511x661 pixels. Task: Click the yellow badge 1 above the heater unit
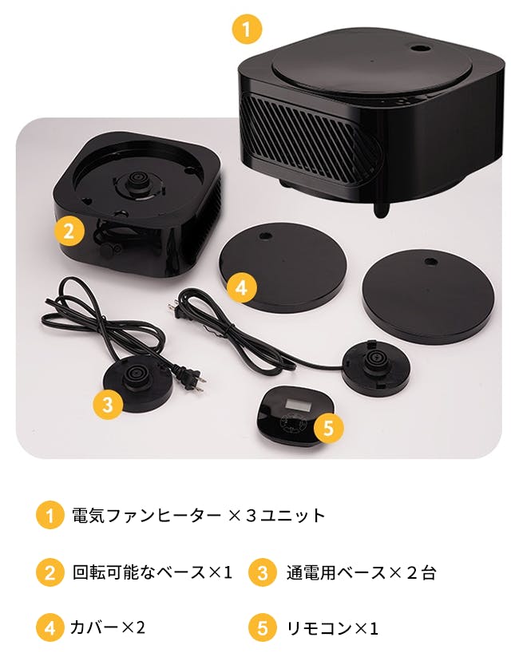[247, 28]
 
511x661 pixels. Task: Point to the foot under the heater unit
[381, 209]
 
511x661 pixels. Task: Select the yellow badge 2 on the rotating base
[69, 231]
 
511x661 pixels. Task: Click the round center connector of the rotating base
[137, 184]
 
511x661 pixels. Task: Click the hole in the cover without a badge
[430, 262]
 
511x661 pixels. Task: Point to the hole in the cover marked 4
[265, 236]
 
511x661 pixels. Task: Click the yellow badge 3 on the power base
[108, 404]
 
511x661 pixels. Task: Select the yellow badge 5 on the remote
[328, 427]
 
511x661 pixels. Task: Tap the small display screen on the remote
[298, 406]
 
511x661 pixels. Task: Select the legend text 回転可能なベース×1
[153, 572]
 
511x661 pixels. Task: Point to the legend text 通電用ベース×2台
[361, 573]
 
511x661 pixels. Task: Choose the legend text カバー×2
[108, 627]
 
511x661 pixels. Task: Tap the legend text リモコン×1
[332, 628]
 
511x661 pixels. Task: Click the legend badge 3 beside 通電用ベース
[263, 572]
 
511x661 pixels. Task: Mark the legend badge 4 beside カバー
[50, 627]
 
